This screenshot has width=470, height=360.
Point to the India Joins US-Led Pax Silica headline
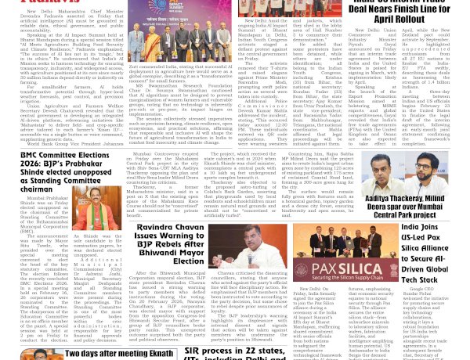435,247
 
